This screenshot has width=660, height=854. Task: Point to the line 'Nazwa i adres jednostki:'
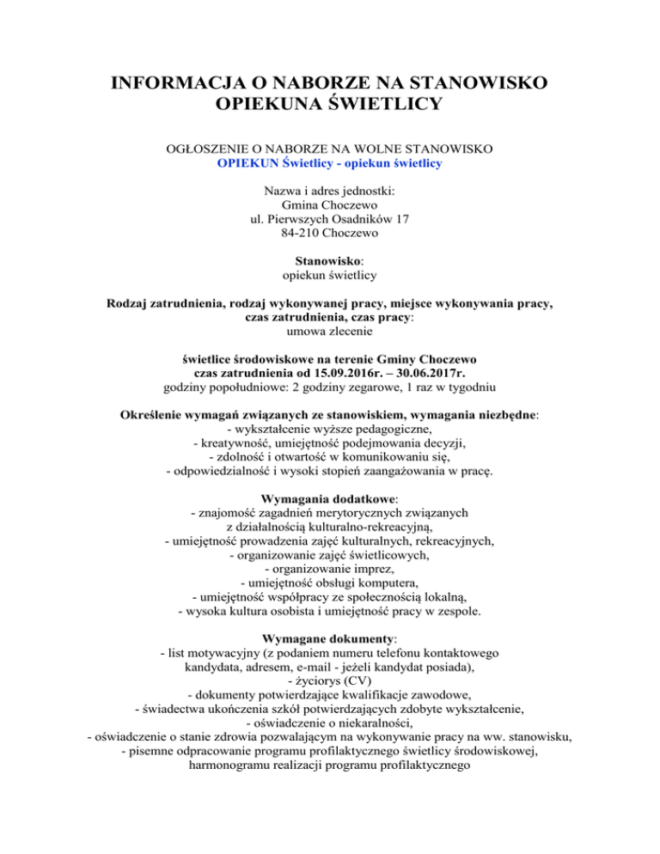point(330,191)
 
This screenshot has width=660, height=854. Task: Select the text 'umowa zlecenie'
point(330,332)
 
